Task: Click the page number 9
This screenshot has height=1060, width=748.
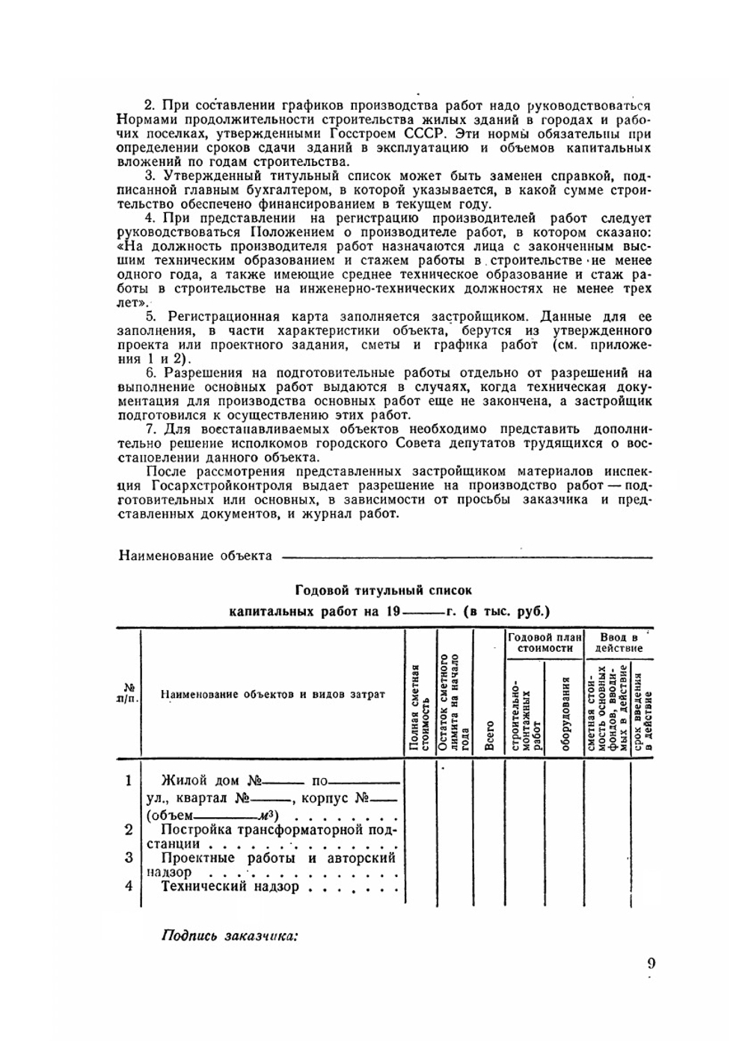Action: pyautogui.click(x=651, y=963)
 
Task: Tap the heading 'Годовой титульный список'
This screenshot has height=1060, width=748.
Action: pyautogui.click(x=384, y=591)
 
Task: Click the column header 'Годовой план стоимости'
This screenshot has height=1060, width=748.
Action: pyautogui.click(x=544, y=643)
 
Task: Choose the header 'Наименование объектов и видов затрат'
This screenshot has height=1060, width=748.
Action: pyautogui.click(x=272, y=694)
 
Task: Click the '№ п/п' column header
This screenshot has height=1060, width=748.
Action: pyautogui.click(x=128, y=692)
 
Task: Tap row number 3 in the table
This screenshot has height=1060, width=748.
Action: pyautogui.click(x=129, y=857)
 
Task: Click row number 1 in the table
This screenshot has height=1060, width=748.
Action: pyautogui.click(x=129, y=780)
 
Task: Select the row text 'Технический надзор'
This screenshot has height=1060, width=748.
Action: pyautogui.click(x=230, y=887)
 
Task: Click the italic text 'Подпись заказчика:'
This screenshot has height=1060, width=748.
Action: pyautogui.click(x=230, y=936)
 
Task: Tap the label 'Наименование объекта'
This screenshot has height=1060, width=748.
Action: pyautogui.click(x=195, y=555)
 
